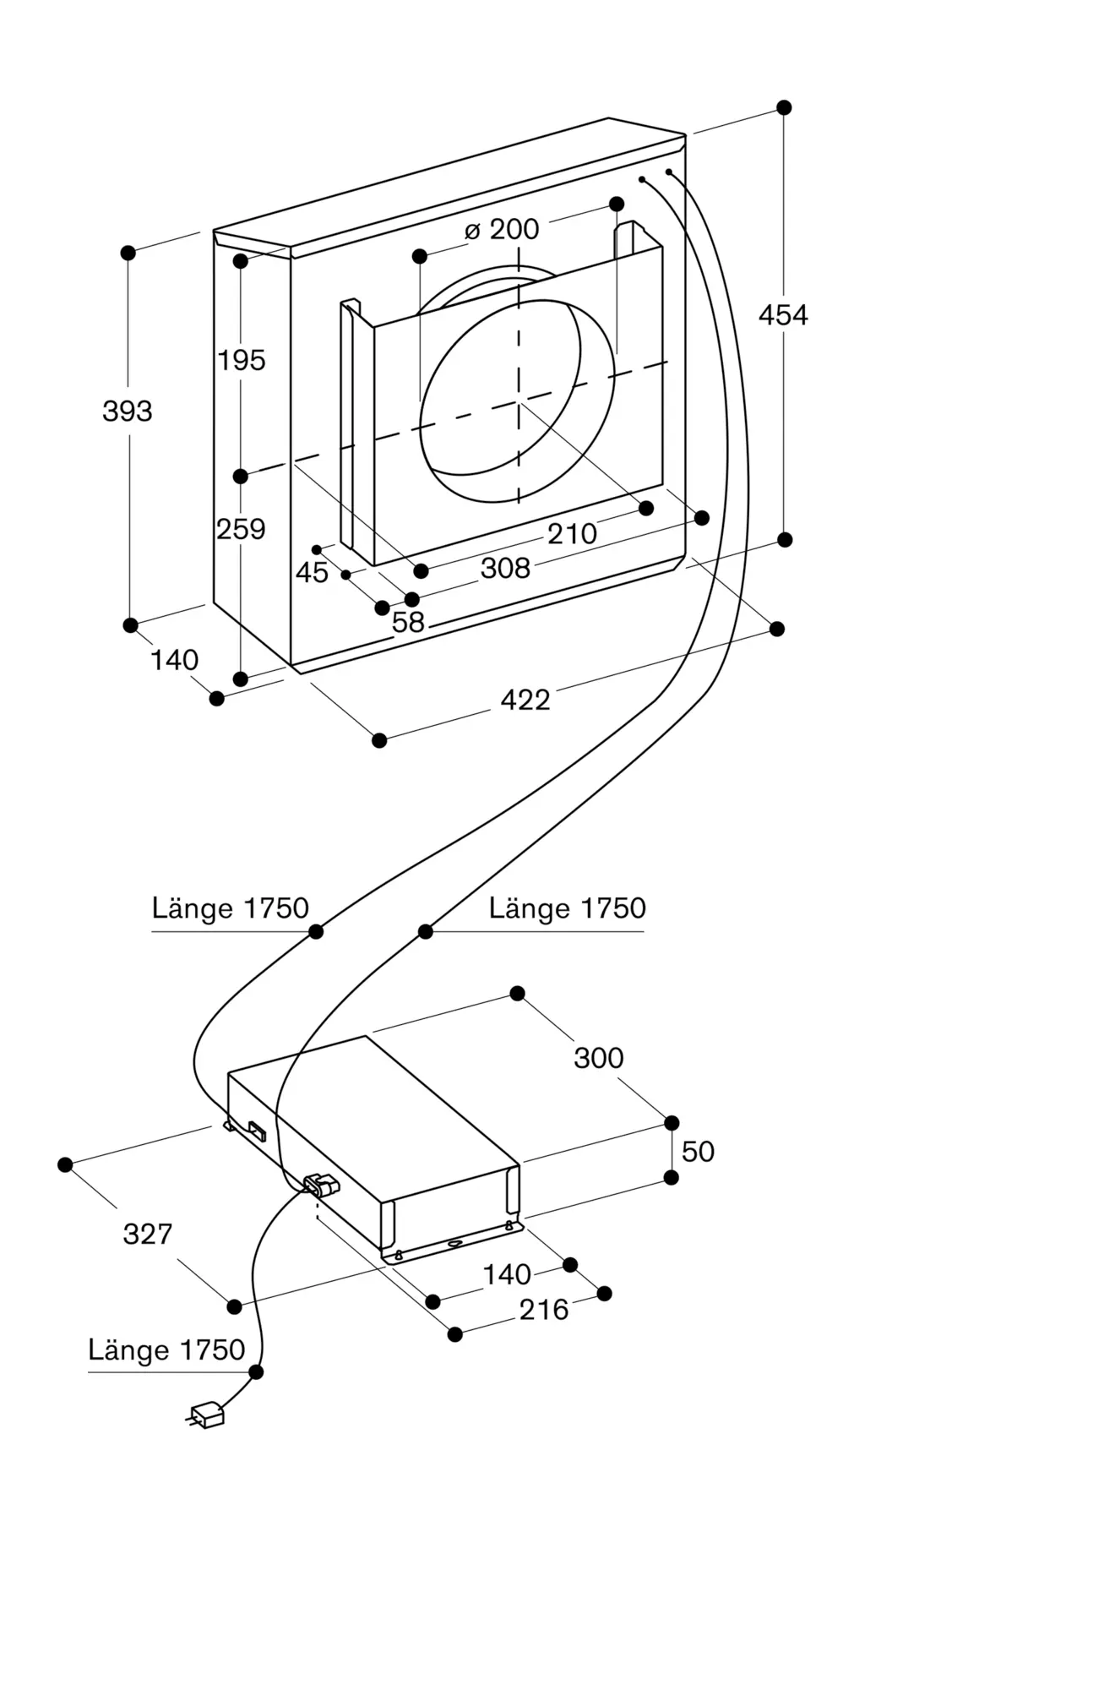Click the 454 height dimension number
pyautogui.click(x=783, y=315)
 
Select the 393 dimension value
pyautogui.click(x=128, y=412)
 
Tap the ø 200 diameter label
pyautogui.click(x=502, y=229)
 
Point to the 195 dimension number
pyautogui.click(x=242, y=361)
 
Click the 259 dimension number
pyautogui.click(x=241, y=530)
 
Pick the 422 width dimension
pyautogui.click(x=525, y=700)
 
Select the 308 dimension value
pyautogui.click(x=505, y=569)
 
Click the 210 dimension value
pyautogui.click(x=572, y=534)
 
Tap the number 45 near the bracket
pyautogui.click(x=312, y=573)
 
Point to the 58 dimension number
pyautogui.click(x=408, y=623)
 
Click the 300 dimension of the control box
pyautogui.click(x=599, y=1058)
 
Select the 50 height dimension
pyautogui.click(x=698, y=1152)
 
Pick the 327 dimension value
pyautogui.click(x=148, y=1235)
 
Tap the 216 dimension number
pyautogui.click(x=544, y=1310)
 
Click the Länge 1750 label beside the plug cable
pyautogui.click(x=166, y=1350)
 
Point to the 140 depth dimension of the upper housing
pyautogui.click(x=174, y=660)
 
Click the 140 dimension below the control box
pyautogui.click(x=507, y=1274)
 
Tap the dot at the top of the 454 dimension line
pyautogui.click(x=784, y=107)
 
